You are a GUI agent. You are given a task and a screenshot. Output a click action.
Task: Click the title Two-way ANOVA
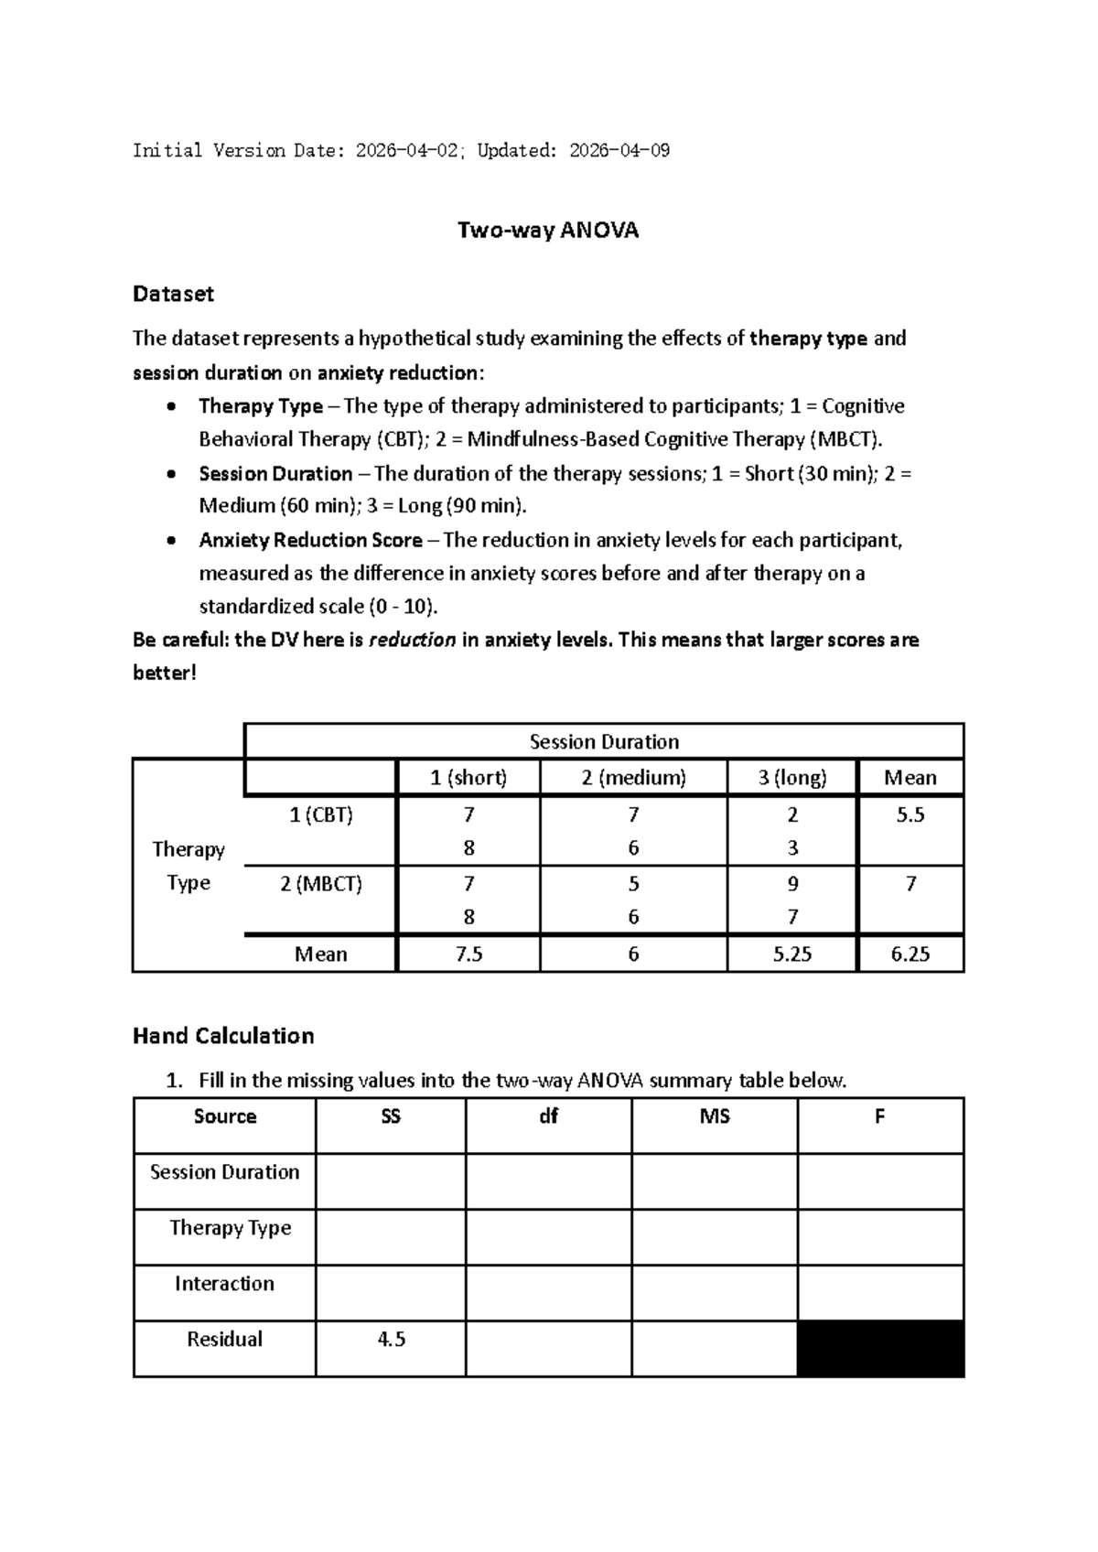coord(547,231)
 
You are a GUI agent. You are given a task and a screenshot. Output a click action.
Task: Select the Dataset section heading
coord(173,294)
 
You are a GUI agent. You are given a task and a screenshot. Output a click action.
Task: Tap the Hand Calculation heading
coord(223,1036)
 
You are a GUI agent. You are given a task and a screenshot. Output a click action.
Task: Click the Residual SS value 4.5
coord(391,1340)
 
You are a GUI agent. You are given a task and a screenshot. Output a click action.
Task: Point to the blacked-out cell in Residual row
coord(880,1348)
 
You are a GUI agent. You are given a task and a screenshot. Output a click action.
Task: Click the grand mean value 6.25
coord(910,954)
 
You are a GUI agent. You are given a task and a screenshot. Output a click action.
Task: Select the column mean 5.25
coord(792,954)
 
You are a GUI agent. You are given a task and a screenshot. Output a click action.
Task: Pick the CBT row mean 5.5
coord(910,815)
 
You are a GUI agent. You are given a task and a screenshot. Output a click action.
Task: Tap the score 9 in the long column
coord(792,884)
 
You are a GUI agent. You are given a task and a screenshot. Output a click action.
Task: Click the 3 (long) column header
coord(792,778)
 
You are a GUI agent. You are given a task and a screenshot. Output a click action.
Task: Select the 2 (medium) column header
coord(633,778)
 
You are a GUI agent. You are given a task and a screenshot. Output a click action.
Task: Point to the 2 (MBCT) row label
coord(321,884)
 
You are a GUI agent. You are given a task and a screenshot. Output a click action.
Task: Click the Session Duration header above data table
coord(604,742)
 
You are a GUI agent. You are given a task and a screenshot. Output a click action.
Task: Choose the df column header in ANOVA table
coord(548,1116)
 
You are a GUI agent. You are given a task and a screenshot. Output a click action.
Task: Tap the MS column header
coord(714,1116)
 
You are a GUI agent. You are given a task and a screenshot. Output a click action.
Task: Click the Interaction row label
coord(224,1284)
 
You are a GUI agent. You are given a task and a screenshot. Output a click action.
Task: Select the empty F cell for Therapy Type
coord(880,1237)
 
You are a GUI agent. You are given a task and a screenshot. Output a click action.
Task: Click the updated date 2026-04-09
coord(619,151)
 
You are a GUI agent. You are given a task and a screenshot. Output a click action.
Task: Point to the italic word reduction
coord(412,641)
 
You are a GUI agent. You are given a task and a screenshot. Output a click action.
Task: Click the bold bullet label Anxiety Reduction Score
coord(310,541)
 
